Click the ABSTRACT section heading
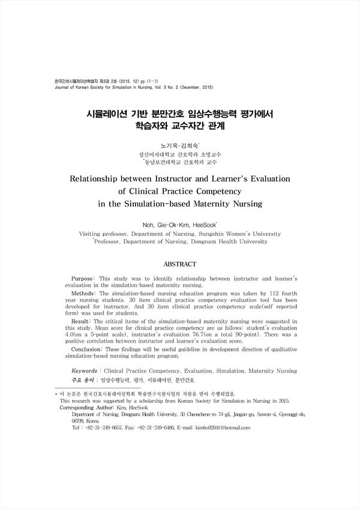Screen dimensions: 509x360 click(180, 264)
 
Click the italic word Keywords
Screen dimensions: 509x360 click(88, 371)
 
